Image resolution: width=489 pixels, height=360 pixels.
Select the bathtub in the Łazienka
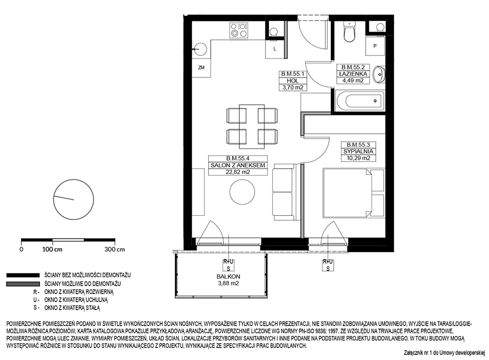click(360, 101)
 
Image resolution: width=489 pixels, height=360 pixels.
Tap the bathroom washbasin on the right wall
click(380, 74)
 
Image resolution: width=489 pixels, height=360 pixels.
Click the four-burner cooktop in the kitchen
click(239, 30)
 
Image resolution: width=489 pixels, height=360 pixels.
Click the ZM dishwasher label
click(201, 67)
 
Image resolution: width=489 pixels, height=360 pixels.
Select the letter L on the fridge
click(275, 49)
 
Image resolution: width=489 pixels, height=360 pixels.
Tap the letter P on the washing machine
click(375, 46)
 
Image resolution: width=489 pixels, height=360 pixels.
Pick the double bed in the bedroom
click(354, 193)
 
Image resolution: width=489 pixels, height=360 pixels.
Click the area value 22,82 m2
click(238, 172)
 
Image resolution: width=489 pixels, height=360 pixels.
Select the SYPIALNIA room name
click(358, 151)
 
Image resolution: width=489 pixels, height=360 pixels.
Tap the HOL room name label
click(293, 81)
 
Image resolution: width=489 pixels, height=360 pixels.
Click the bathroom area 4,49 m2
click(353, 80)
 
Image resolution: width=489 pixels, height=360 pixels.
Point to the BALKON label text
click(229, 277)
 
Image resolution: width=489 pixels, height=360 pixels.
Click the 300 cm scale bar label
click(115, 249)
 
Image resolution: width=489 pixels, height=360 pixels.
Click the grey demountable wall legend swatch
click(23, 284)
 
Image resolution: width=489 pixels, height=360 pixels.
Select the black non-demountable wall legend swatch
click(23, 275)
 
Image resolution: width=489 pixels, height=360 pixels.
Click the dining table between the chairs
click(251, 126)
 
